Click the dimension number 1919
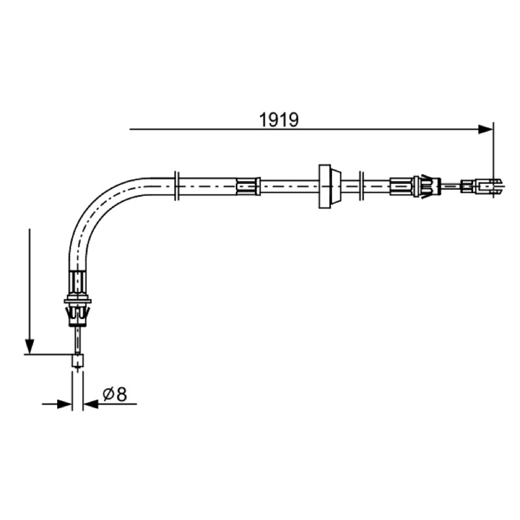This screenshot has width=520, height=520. (x=279, y=120)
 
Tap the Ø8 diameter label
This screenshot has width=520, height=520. (x=115, y=395)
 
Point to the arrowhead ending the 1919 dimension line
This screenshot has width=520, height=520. (x=486, y=129)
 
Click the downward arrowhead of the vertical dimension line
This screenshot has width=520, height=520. (x=30, y=346)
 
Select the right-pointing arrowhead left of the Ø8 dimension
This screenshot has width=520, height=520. (x=64, y=404)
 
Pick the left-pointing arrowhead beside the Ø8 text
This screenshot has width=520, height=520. (x=91, y=404)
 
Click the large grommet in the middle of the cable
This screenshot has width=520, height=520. (x=330, y=187)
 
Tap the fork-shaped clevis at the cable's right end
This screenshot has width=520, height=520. (x=490, y=187)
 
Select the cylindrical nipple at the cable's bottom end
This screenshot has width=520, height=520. (x=77, y=361)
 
